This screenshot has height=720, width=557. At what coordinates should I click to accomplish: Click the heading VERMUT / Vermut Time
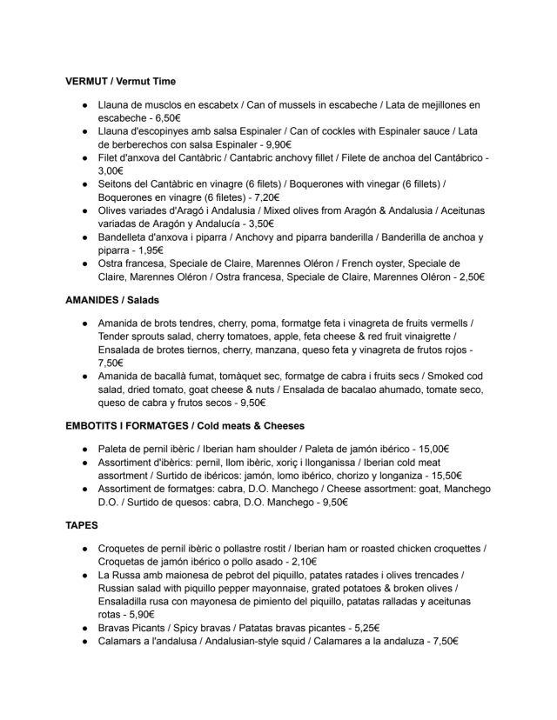pos(120,82)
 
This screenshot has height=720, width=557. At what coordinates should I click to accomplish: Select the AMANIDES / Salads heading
pos(117,299)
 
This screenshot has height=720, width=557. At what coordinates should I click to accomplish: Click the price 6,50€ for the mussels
pos(164,118)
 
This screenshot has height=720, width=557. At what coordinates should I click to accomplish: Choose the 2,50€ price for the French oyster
pos(467,277)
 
